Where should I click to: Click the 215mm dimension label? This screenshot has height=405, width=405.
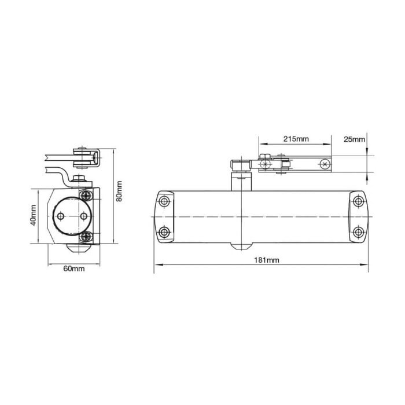coord(296,139)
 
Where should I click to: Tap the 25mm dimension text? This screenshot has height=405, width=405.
coord(354,139)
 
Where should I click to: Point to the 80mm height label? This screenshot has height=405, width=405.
coord(119,190)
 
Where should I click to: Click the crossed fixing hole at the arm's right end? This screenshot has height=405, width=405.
coord(325,165)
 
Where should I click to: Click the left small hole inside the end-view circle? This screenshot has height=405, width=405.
coord(60,216)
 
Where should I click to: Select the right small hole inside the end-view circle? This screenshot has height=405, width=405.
coord(84,216)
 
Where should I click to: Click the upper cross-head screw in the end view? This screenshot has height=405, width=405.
coord(86,197)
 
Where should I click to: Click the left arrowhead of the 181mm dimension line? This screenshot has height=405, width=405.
coord(156,267)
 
